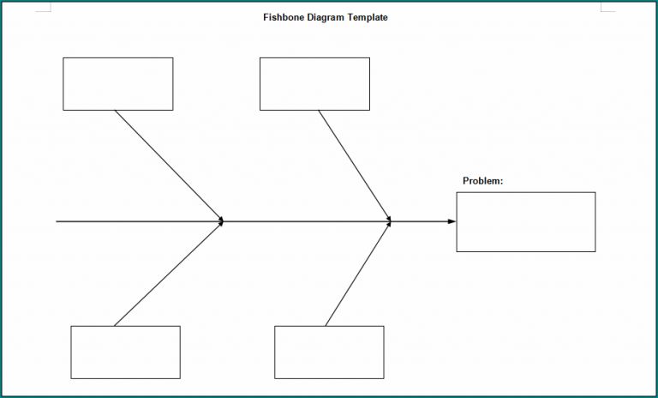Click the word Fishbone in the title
pyautogui.click(x=284, y=17)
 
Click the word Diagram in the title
pyautogui.click(x=326, y=17)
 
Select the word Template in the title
pyautogui.click(x=368, y=17)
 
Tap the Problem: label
pyautogui.click(x=482, y=181)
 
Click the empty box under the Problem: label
pyautogui.click(x=525, y=222)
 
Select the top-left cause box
pyautogui.click(x=117, y=84)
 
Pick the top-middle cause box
pyautogui.click(x=314, y=84)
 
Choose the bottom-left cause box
pyautogui.click(x=125, y=352)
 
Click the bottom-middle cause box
pyautogui.click(x=329, y=352)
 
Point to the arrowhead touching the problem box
pyautogui.click(x=452, y=221)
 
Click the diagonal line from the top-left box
pyautogui.click(x=168, y=165)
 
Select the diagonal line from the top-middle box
pyautogui.click(x=354, y=165)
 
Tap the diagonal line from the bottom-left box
pyautogui.click(x=168, y=274)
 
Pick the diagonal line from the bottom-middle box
pyautogui.click(x=358, y=274)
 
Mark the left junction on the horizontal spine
pyautogui.click(x=222, y=221)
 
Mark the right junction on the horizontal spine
pyautogui.click(x=390, y=221)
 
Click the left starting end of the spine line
pyautogui.click(x=58, y=221)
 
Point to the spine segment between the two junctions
pyautogui.click(x=306, y=221)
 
